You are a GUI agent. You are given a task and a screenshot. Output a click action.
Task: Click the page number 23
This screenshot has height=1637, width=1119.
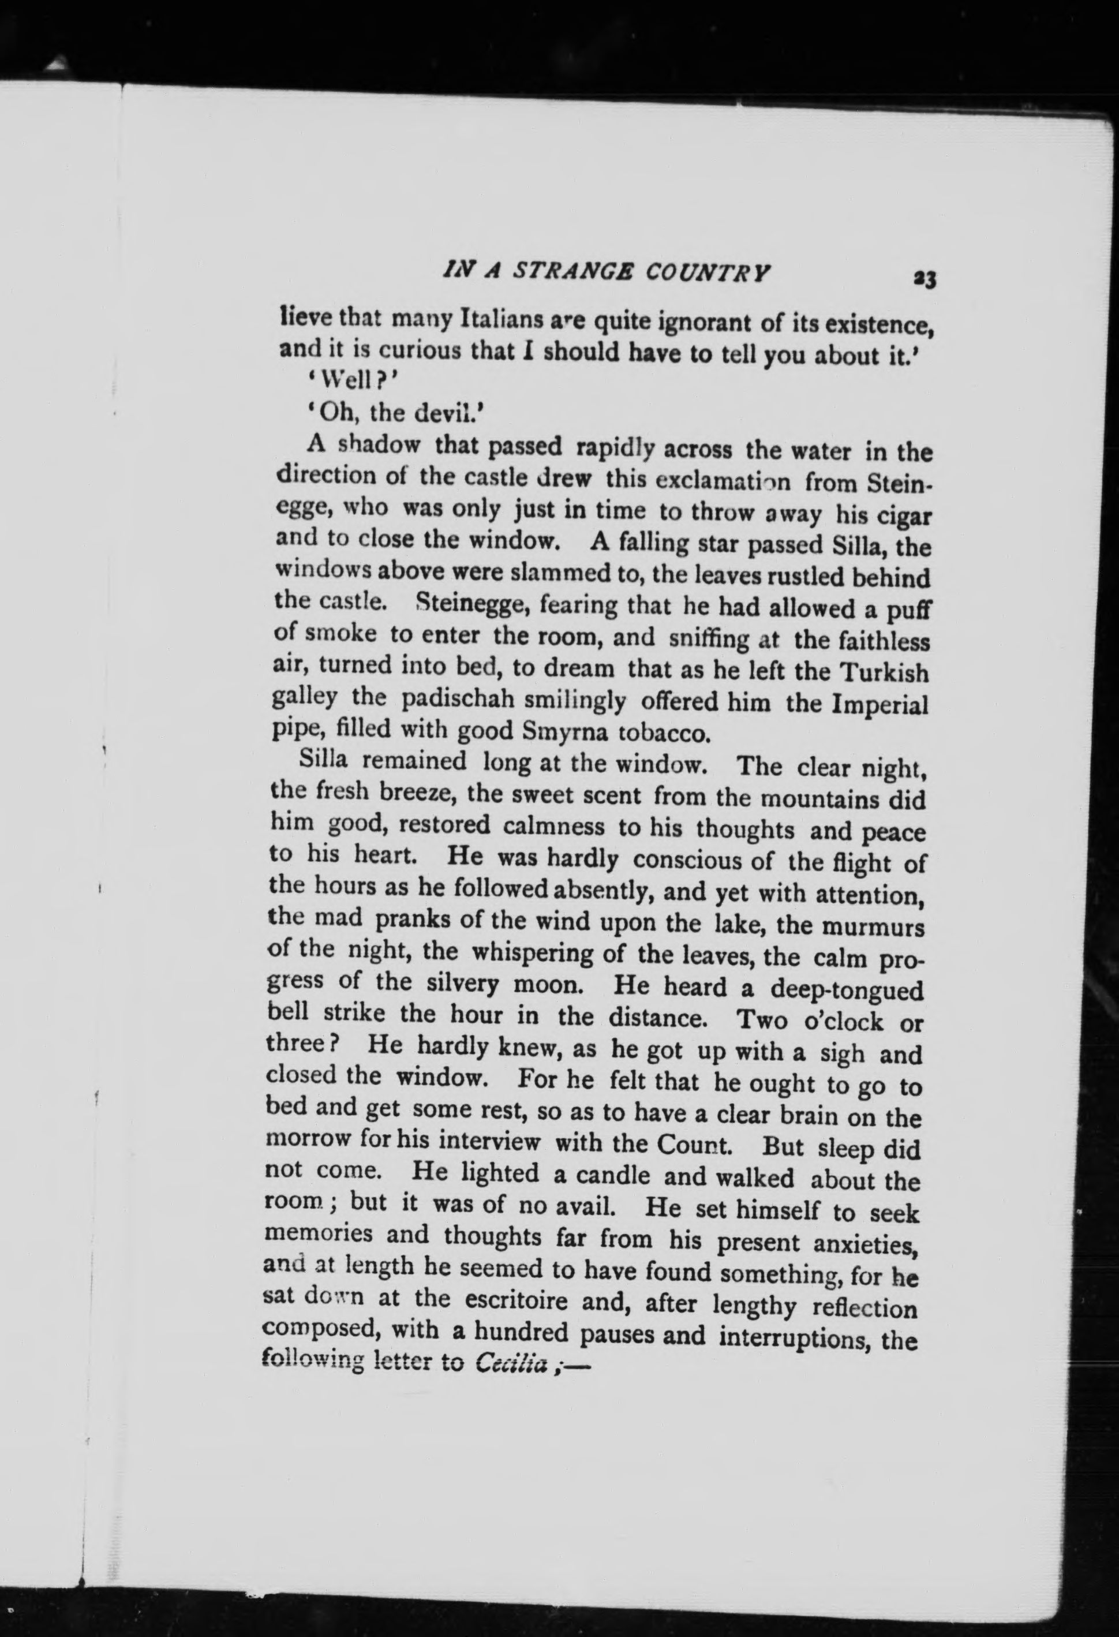click(923, 278)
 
